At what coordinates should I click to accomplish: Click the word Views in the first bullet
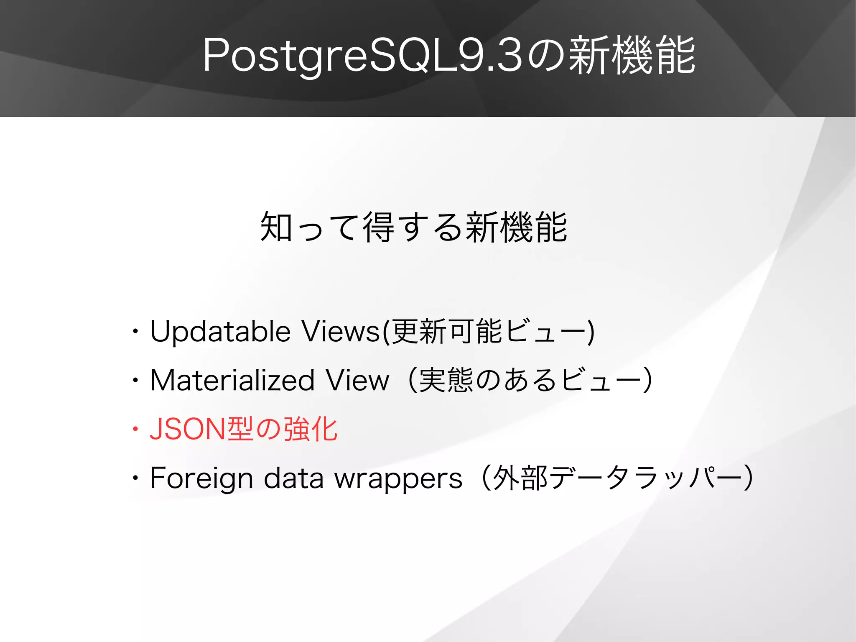coord(340,332)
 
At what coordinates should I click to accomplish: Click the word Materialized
coord(232,381)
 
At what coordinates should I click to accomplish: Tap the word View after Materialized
coord(357,381)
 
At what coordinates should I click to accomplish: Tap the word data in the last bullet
coord(293,478)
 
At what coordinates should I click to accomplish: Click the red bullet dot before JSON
coord(135,430)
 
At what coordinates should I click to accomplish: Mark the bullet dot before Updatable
coord(135,332)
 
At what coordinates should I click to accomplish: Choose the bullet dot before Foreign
coord(135,478)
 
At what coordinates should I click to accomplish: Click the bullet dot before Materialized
coord(135,381)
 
